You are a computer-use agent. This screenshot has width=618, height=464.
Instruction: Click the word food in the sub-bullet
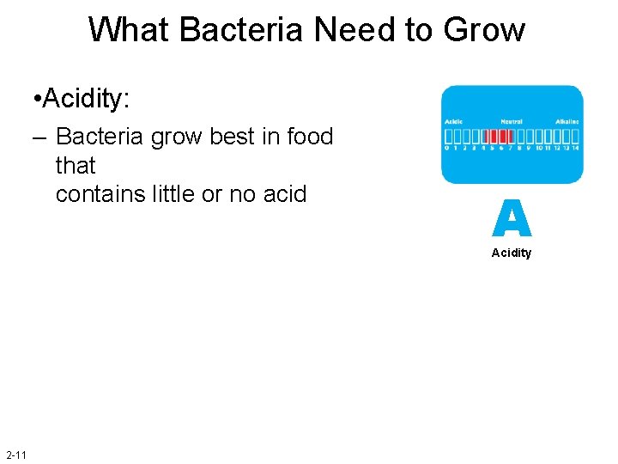tap(309, 137)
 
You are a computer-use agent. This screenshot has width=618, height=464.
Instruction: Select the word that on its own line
tap(76, 165)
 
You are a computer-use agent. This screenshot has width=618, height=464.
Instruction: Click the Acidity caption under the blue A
tap(512, 253)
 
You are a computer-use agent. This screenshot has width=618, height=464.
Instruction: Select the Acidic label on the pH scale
tap(453, 122)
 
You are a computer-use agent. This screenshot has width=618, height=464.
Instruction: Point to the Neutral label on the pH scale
tap(512, 122)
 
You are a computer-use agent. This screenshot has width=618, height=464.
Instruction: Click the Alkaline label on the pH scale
tap(566, 122)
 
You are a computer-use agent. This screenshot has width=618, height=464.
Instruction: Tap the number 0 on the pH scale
tap(447, 148)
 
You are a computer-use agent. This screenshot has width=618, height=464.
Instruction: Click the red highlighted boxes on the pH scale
tap(497, 137)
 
